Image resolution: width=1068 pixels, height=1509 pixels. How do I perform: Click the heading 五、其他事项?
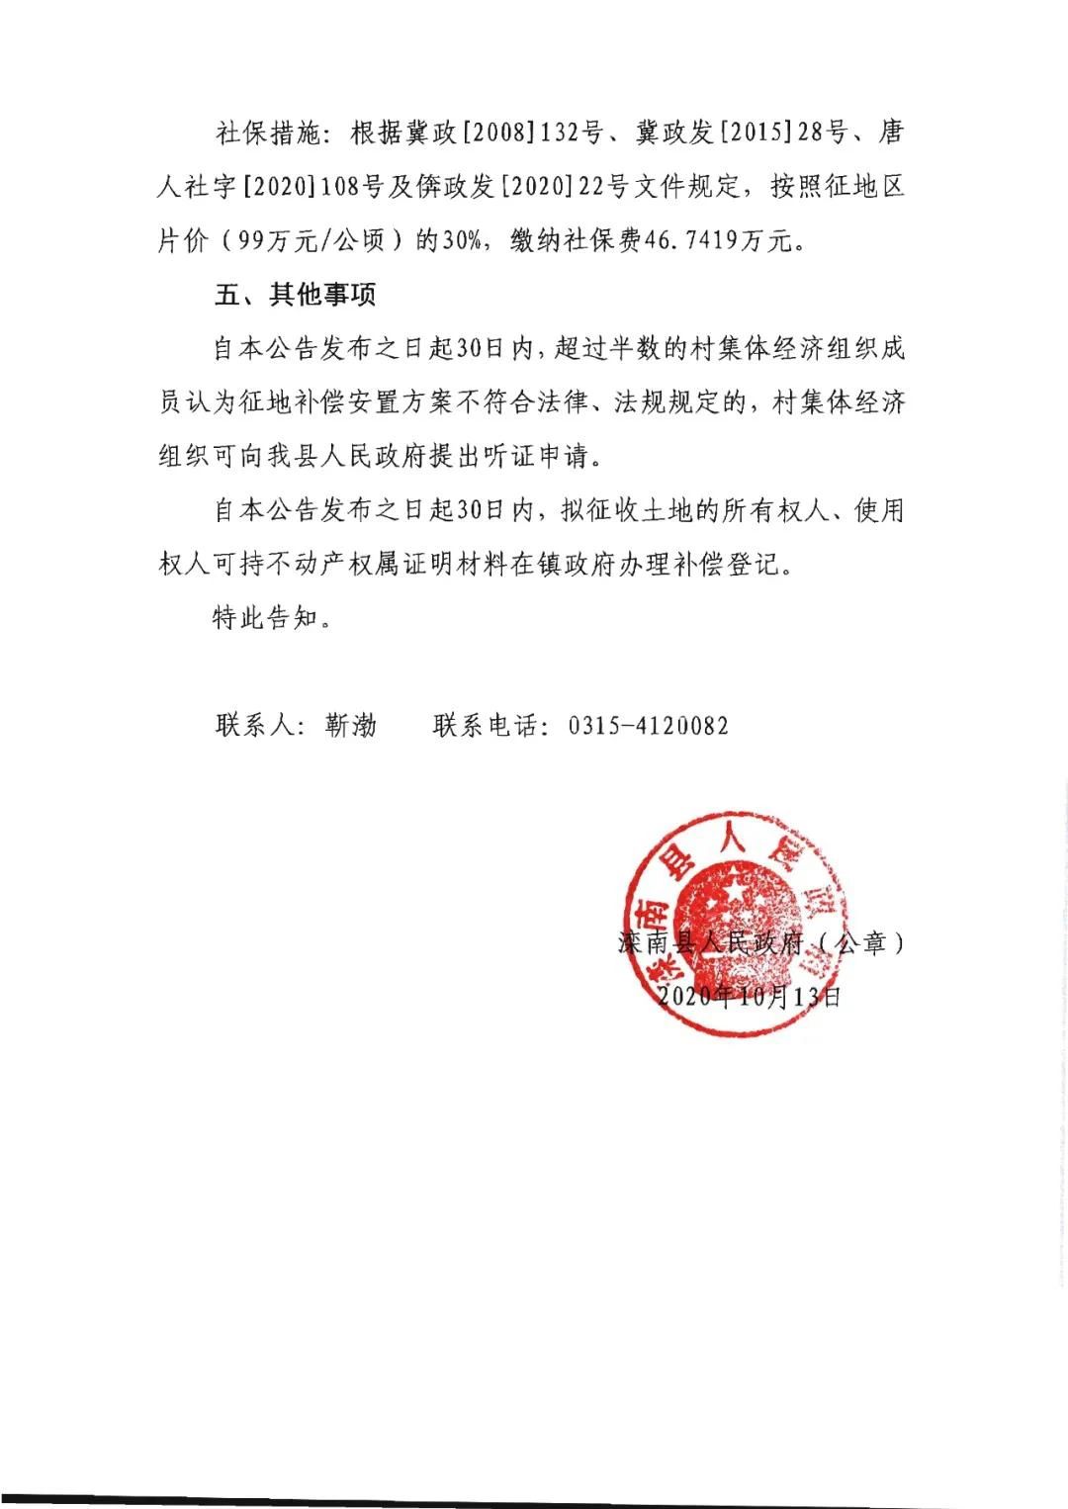[x=295, y=295]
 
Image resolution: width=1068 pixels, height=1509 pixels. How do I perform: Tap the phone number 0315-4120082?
[x=648, y=726]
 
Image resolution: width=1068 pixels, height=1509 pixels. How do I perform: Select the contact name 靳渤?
[x=351, y=726]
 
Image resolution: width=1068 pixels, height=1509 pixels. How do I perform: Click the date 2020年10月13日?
[x=749, y=996]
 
